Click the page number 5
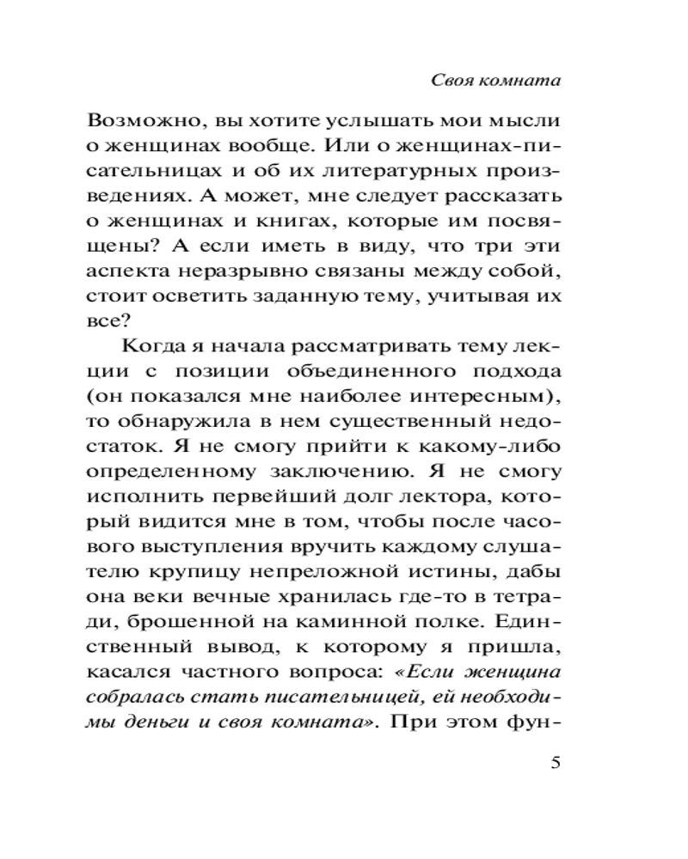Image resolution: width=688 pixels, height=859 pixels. [554, 763]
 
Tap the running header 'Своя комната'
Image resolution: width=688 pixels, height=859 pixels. [495, 81]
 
